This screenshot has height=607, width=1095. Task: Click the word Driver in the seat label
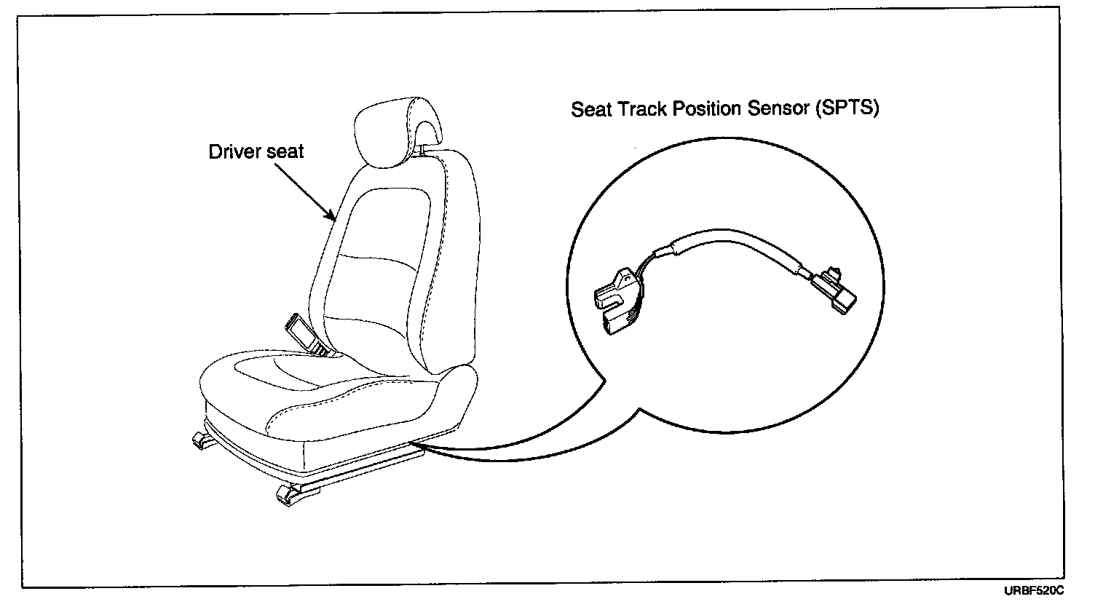[x=232, y=152]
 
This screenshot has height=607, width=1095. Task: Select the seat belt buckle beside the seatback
[x=305, y=333]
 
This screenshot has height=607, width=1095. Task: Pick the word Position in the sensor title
[x=706, y=109]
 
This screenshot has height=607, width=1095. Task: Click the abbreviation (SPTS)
[x=847, y=109]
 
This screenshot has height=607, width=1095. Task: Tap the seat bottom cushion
[x=320, y=408]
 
